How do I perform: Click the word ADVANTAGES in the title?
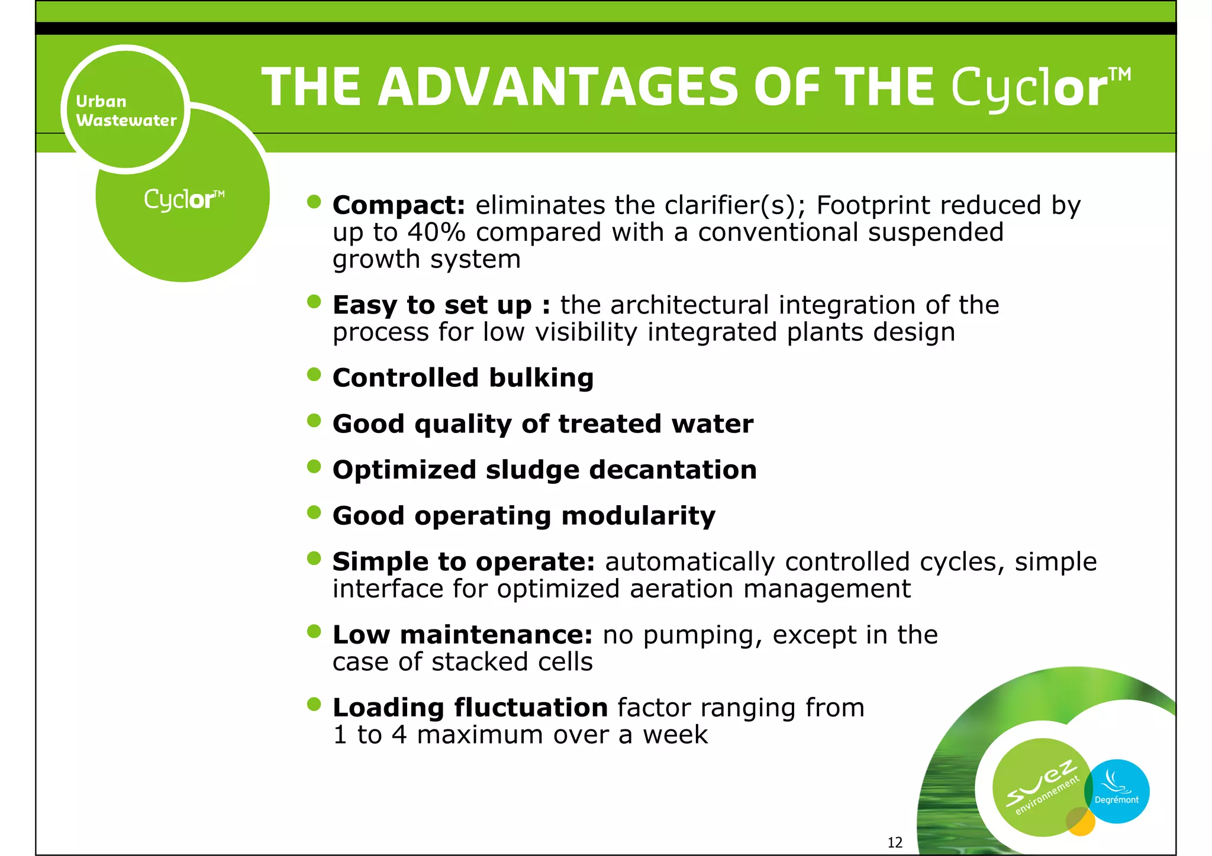tap(558, 88)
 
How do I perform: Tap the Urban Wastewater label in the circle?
tap(126, 111)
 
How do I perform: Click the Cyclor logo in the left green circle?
tap(184, 199)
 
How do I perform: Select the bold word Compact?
tap(399, 206)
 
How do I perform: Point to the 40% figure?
tap(436, 232)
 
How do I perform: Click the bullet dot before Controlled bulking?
tap(314, 374)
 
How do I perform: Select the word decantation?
tap(673, 470)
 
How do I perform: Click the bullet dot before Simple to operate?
tap(314, 558)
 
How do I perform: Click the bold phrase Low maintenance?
tap(462, 635)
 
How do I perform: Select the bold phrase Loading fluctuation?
tap(470, 708)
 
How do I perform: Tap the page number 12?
tap(895, 842)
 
